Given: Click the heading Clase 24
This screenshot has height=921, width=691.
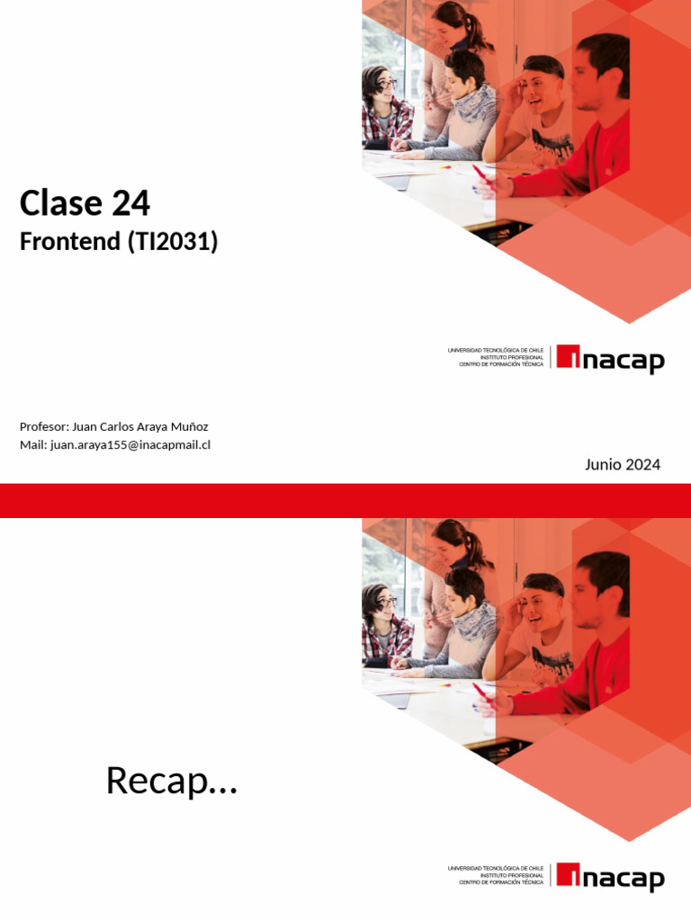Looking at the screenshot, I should click(x=85, y=204).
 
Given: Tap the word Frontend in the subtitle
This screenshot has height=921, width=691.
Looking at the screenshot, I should click(x=70, y=242).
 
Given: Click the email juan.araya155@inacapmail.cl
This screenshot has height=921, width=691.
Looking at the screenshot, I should click(x=130, y=444).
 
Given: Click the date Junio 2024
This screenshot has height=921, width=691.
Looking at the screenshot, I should click(x=622, y=464).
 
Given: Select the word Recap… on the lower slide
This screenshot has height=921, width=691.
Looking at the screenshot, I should click(x=171, y=780).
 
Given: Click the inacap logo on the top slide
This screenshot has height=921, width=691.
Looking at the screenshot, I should click(x=610, y=359).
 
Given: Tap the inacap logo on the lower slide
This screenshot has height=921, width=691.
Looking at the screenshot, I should click(x=610, y=877).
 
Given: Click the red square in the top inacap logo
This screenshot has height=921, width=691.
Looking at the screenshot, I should click(x=568, y=356).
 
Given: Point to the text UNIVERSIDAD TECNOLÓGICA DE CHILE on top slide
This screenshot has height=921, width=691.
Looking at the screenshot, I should click(x=496, y=350).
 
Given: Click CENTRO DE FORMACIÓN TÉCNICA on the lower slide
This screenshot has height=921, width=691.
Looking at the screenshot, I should click(x=501, y=882).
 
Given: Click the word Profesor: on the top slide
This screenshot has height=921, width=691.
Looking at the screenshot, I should click(x=43, y=426).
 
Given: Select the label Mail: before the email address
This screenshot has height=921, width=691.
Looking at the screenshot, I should click(x=33, y=444).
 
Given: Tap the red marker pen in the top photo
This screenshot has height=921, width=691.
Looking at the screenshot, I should click(x=481, y=173).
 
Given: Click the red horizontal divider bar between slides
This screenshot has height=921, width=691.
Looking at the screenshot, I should click(x=345, y=500).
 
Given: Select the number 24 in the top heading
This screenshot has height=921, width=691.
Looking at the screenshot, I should click(x=131, y=204).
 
